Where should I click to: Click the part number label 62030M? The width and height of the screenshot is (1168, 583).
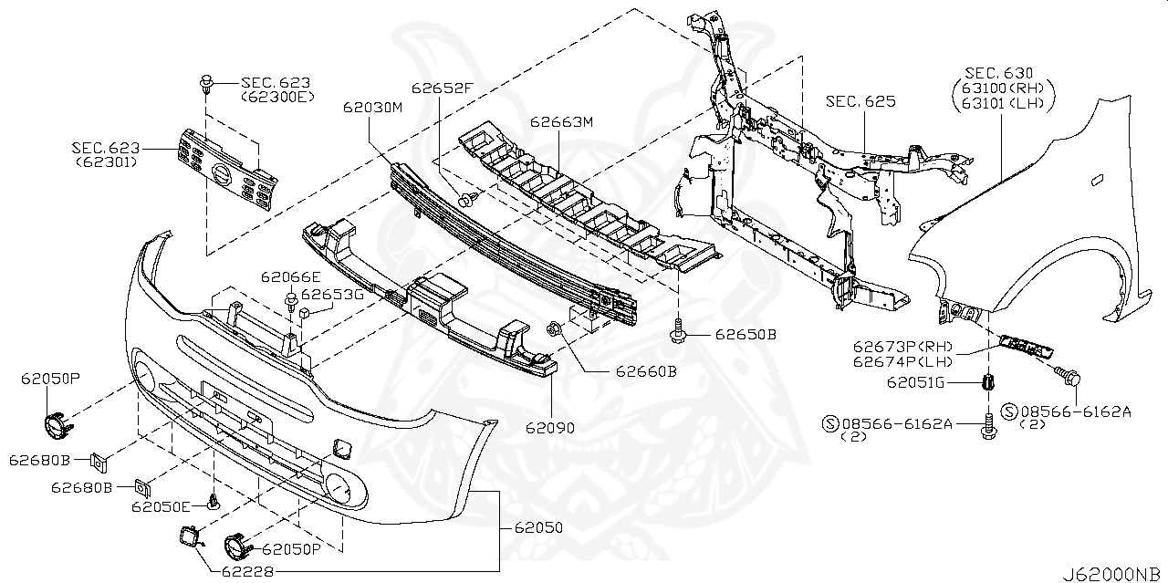[x=373, y=107]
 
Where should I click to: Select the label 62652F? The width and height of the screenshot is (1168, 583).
[x=443, y=88]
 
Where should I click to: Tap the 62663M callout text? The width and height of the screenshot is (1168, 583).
[x=562, y=121]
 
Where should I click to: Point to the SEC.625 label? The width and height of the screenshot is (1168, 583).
[x=861, y=101]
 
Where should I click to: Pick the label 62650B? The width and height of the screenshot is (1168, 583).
[x=746, y=335]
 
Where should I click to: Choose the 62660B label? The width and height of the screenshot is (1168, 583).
[x=645, y=371]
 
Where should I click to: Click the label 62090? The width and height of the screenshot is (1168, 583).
[x=549, y=426]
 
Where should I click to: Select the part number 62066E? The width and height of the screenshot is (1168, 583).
[x=290, y=277]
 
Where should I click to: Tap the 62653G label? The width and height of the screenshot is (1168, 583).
[x=332, y=295]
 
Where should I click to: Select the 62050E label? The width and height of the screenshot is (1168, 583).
[x=161, y=506]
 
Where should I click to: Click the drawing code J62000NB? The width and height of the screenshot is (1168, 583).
[x=1112, y=575]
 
